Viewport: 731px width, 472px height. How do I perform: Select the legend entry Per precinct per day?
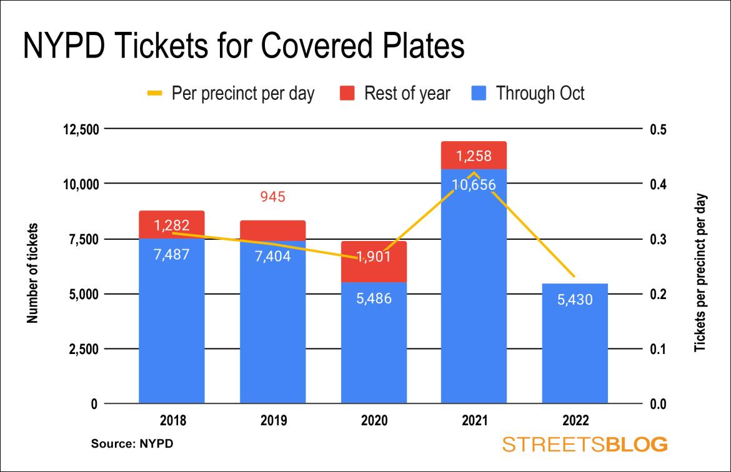[231, 94]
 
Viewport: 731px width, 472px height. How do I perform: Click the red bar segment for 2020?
[374, 262]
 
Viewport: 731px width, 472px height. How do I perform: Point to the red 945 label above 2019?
[272, 197]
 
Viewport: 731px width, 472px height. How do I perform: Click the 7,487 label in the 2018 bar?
[172, 254]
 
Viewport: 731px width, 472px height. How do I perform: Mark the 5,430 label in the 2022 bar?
[575, 300]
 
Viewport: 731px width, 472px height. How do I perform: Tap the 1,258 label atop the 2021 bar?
[474, 156]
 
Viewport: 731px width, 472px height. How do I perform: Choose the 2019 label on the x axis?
[273, 420]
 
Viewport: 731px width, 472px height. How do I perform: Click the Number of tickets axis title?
[32, 273]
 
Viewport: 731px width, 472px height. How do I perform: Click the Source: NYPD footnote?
[132, 445]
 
